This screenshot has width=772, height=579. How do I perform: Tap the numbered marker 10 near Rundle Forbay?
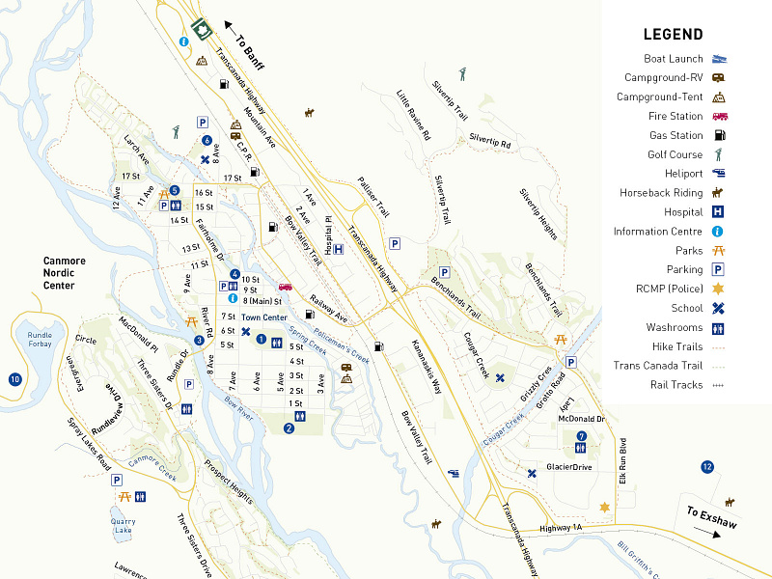(14, 379)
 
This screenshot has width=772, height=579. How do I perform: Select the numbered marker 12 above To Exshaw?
(707, 467)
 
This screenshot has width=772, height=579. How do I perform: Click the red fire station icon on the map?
(286, 287)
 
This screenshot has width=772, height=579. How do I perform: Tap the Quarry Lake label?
(122, 525)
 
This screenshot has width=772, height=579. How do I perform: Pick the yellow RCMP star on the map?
(605, 507)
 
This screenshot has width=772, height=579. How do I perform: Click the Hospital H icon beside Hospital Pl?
(339, 250)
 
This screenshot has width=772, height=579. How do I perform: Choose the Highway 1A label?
(563, 529)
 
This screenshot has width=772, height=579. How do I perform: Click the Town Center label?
(264, 317)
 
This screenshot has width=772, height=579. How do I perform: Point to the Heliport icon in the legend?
(719, 174)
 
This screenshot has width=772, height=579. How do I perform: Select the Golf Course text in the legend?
(675, 154)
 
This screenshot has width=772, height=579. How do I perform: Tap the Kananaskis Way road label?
(426, 368)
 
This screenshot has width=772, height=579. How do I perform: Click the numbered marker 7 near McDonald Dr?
(581, 436)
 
